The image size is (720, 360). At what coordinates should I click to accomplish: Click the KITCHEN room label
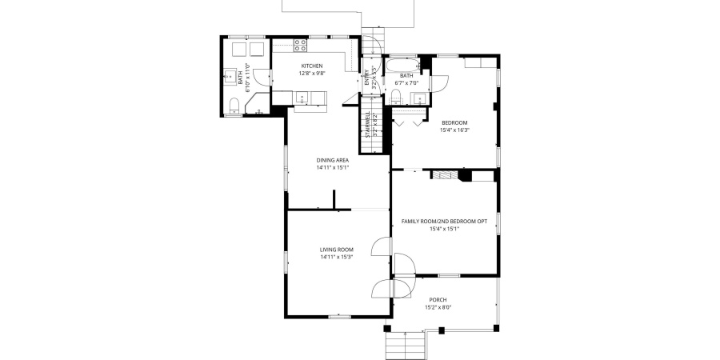[x=311, y=66]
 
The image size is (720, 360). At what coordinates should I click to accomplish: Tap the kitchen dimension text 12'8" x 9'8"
[x=311, y=74]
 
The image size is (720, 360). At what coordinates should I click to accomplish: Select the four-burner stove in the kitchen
[x=300, y=46]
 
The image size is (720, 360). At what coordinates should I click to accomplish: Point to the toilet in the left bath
[x=233, y=105]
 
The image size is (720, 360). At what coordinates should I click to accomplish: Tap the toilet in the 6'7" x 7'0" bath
[x=396, y=97]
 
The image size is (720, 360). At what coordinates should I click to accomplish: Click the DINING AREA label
[x=332, y=160]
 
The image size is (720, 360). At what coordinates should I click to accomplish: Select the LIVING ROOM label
[x=336, y=250]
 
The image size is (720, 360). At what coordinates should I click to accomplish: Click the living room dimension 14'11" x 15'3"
[x=336, y=258]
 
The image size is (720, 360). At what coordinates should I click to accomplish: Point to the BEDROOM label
[x=454, y=122]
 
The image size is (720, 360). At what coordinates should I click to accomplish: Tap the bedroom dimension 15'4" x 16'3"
[x=454, y=130]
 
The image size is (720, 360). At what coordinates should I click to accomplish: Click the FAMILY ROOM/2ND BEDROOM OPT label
[x=444, y=221]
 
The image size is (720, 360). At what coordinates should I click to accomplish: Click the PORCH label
[x=438, y=300]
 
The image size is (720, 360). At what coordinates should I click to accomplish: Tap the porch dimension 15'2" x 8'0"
[x=438, y=308]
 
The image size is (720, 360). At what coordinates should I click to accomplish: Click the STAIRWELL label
[x=368, y=124]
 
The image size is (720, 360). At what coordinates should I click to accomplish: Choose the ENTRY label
[x=367, y=77]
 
